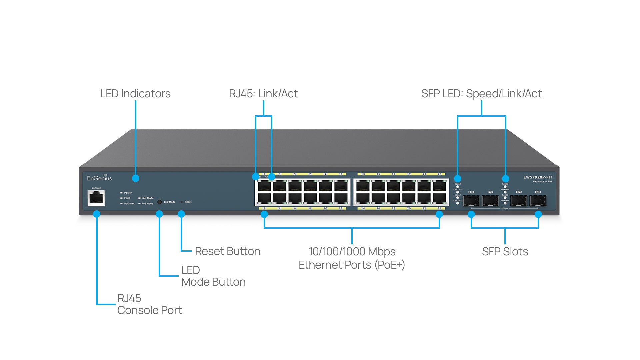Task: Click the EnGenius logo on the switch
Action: coord(99,178)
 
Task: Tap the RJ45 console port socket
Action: coord(96,198)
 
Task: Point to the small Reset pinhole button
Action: coord(182,202)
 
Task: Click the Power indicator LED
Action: coord(122,193)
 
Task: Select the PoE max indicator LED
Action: coord(122,203)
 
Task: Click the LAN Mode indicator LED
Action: coord(139,198)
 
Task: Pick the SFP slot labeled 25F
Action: coord(471,201)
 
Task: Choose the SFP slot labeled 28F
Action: coord(538,201)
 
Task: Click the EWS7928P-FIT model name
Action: coord(538,177)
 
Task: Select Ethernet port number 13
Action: coord(363,185)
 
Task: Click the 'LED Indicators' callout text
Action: coord(135,94)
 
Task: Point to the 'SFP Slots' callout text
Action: coord(505,251)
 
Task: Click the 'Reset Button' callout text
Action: coord(227,251)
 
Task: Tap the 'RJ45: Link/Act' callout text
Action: coord(263,94)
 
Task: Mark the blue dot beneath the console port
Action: coord(97,214)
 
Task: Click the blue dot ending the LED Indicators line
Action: coord(136,178)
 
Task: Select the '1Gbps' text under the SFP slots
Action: coord(505,209)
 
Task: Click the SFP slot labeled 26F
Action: coord(490,201)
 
